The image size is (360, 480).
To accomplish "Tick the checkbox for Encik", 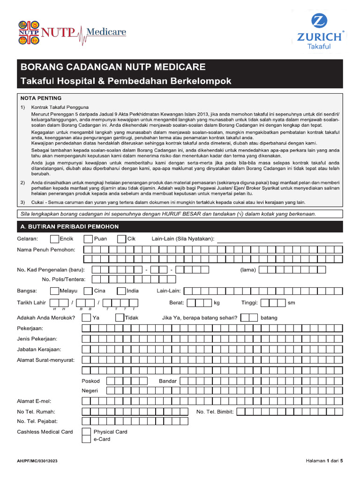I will coord(54,239).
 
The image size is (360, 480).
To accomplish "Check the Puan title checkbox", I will coord(88,239).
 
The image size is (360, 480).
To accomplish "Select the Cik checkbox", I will coord(121,239).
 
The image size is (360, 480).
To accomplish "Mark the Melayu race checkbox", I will coord(54,291).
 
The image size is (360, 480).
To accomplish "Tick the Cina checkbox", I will coord(88,291).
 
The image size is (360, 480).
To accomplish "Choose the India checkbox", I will coord(121,291).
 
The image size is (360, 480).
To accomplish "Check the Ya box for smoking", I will coord(86,318).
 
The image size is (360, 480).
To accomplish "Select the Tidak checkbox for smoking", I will coord(120,318).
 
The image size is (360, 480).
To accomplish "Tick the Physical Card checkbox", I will coord(86,432).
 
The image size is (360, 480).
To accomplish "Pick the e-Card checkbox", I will coord(86,439).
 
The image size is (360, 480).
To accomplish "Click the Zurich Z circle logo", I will coord(321,22).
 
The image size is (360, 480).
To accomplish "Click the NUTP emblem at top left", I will coord(29,32).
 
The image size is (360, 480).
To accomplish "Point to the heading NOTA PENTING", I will coord(41,98).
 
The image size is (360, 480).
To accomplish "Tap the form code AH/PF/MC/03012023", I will coord(38,461).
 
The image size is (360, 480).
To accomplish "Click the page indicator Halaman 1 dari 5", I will coord(324,461).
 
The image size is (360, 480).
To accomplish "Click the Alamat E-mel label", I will coord(34,401).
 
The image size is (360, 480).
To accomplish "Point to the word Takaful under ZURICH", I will coord(319,46).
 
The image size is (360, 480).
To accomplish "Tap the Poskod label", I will coord(91,381).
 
